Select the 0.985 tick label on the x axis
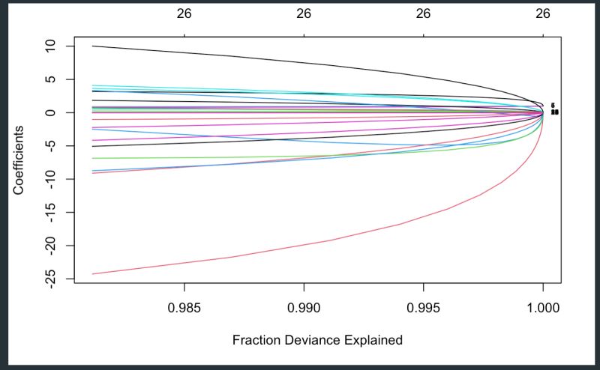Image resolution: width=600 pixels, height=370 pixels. click(x=184, y=307)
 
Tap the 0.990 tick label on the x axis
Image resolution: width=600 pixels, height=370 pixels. click(x=304, y=307)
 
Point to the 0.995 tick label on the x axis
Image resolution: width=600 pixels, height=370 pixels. click(x=424, y=307)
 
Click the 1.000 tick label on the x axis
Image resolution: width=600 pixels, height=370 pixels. click(x=543, y=307)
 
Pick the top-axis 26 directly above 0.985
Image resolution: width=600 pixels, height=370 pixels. click(x=184, y=13)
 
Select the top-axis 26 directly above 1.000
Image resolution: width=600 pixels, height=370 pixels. click(x=543, y=13)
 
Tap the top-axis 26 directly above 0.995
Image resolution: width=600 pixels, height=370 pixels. click(x=424, y=13)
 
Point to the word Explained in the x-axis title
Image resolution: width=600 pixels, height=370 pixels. click(x=375, y=340)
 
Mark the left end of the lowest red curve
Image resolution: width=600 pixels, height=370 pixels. click(x=92, y=274)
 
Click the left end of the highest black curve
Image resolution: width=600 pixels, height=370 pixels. click(x=92, y=46)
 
